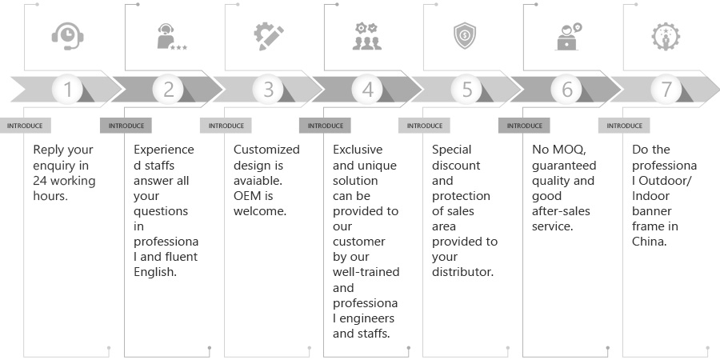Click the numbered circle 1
[x=68, y=90]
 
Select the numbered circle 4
[x=367, y=90]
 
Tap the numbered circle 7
[x=666, y=90]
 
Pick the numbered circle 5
[x=467, y=90]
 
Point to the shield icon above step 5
[x=466, y=36]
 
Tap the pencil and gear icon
[x=268, y=36]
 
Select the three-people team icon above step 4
[x=367, y=36]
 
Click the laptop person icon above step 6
[x=567, y=36]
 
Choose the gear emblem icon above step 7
[x=666, y=36]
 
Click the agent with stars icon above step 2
[x=169, y=38]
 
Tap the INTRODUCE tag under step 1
[x=26, y=126]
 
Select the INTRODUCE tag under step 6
[x=525, y=126]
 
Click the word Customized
[x=266, y=150]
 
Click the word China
[x=649, y=241]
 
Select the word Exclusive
[x=358, y=150]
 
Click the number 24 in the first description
[x=41, y=180]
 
